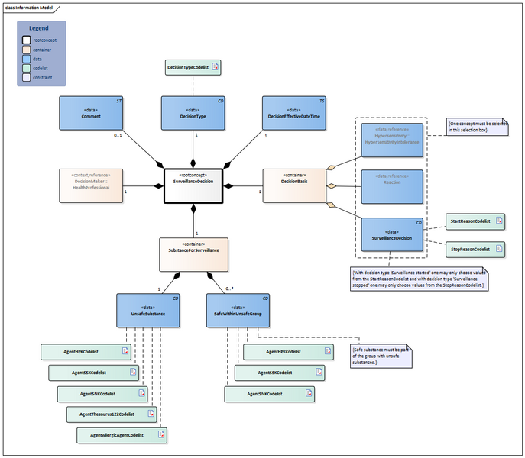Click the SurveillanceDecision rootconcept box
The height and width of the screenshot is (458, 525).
[x=193, y=186]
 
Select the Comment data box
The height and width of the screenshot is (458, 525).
[x=91, y=112]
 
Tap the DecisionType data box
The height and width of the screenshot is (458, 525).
[x=193, y=112]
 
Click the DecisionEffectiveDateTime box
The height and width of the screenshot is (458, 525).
[x=293, y=112]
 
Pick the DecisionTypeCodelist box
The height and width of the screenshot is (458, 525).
[x=193, y=68]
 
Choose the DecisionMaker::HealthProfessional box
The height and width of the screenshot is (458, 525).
[x=91, y=185]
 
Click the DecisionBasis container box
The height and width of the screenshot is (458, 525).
[x=294, y=186]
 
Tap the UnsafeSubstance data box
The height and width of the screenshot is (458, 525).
[x=148, y=310]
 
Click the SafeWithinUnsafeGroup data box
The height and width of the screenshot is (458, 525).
[x=238, y=310]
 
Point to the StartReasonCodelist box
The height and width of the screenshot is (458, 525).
[x=475, y=221]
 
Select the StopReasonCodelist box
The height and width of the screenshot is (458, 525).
[x=475, y=249]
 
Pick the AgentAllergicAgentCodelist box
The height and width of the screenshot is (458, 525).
[x=122, y=435]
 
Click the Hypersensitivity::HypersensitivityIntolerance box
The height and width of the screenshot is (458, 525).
[x=391, y=140]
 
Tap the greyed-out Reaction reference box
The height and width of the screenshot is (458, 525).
[x=391, y=187]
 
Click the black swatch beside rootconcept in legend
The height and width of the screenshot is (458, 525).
[x=27, y=40]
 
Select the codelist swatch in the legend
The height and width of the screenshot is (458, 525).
[x=27, y=68]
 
